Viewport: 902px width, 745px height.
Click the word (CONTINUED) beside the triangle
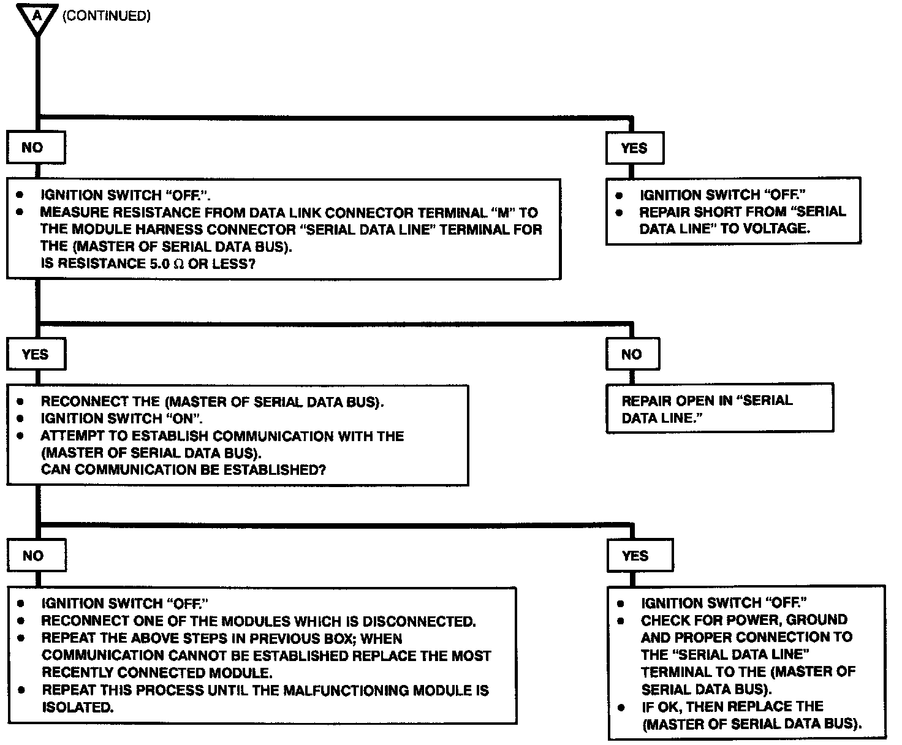coord(107,17)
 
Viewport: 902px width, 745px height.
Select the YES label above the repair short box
coord(634,148)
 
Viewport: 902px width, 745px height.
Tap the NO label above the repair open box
coord(631,354)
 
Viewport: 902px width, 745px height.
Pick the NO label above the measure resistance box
coord(32,148)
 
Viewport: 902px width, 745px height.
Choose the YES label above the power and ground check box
coord(635,556)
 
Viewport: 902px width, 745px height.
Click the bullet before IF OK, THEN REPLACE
coord(621,707)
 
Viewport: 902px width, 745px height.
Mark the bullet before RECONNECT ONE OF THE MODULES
coord(21,621)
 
